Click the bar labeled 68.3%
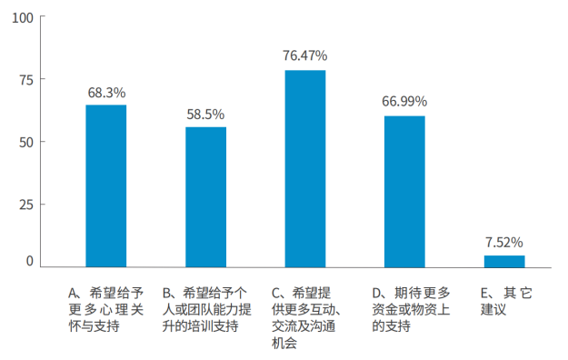pyautogui.click(x=106, y=186)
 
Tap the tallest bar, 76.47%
pyautogui.click(x=304, y=169)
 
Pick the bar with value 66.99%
pyautogui.click(x=404, y=192)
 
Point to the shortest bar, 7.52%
pyautogui.click(x=503, y=262)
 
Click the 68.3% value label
pyautogui.click(x=106, y=93)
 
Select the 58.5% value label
pyautogui.click(x=205, y=115)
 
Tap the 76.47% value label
pyautogui.click(x=304, y=55)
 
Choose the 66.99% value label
pyautogui.click(x=404, y=101)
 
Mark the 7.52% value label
pyautogui.click(x=503, y=242)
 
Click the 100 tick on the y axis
pyautogui.click(x=23, y=18)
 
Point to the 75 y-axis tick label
pyautogui.click(x=26, y=80)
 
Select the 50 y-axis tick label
pyautogui.click(x=26, y=142)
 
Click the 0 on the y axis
pyautogui.click(x=30, y=262)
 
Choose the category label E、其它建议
pyautogui.click(x=504, y=301)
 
